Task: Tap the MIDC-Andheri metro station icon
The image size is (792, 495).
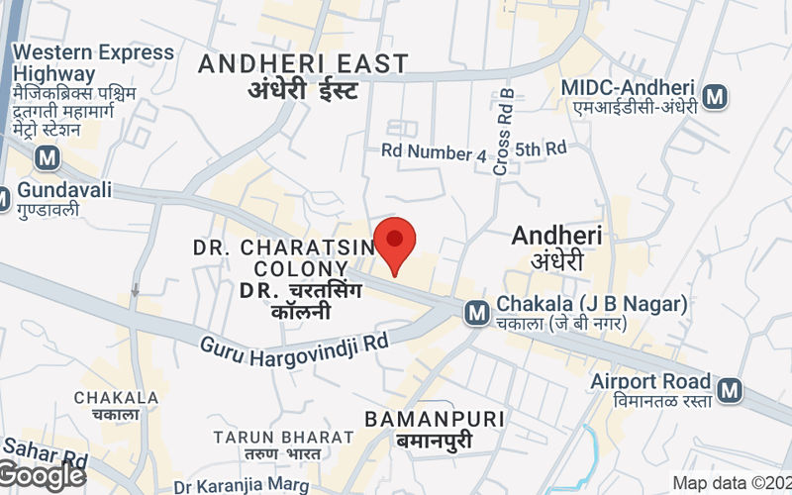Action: pos(713,96)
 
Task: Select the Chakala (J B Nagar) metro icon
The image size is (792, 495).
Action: pos(477,313)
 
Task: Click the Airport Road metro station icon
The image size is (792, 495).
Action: pos(731,390)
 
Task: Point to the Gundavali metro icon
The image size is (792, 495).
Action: pos(4,196)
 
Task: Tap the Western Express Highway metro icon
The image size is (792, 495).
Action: pos(45,157)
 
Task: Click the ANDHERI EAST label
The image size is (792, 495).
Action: pos(303,64)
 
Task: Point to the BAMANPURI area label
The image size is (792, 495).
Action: pos(435,419)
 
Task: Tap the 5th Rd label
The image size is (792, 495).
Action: pos(541,148)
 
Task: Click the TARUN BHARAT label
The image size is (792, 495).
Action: pos(283,437)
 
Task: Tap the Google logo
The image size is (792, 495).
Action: pos(43,476)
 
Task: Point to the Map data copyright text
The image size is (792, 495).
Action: pos(732,483)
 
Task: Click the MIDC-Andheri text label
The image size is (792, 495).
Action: pos(628,87)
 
